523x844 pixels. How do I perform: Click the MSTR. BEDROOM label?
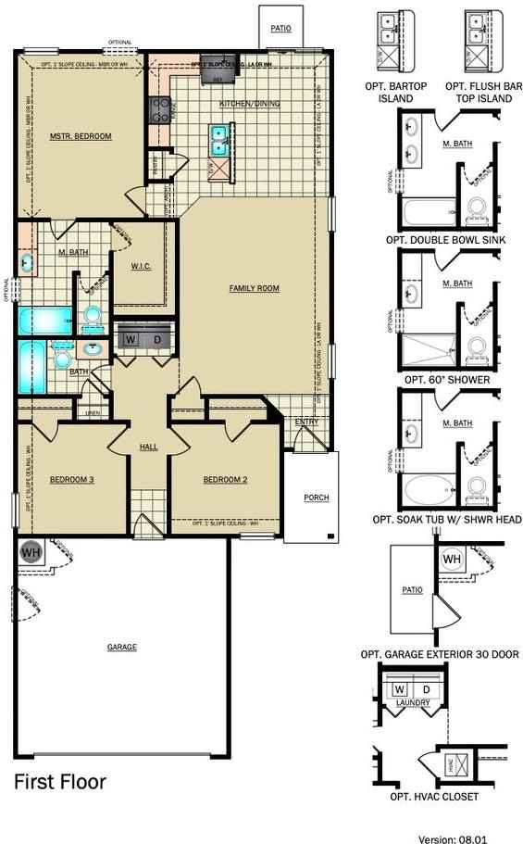[81, 136]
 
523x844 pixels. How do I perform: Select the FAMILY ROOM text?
[255, 288]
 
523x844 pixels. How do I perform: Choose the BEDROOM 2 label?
[225, 479]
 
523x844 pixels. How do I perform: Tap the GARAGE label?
[121, 647]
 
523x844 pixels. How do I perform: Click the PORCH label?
[317, 498]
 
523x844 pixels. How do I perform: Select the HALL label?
[149, 446]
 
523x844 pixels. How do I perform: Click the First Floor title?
[60, 782]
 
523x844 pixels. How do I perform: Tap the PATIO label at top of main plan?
[280, 29]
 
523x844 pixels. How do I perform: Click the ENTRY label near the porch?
[306, 422]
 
